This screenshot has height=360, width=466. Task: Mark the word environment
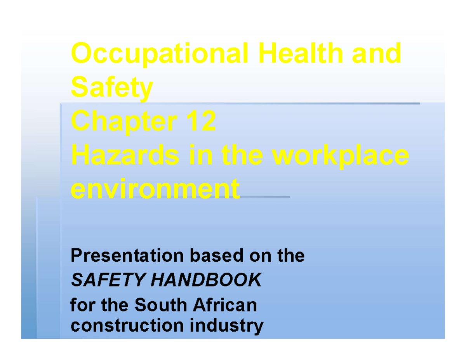coord(156,190)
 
